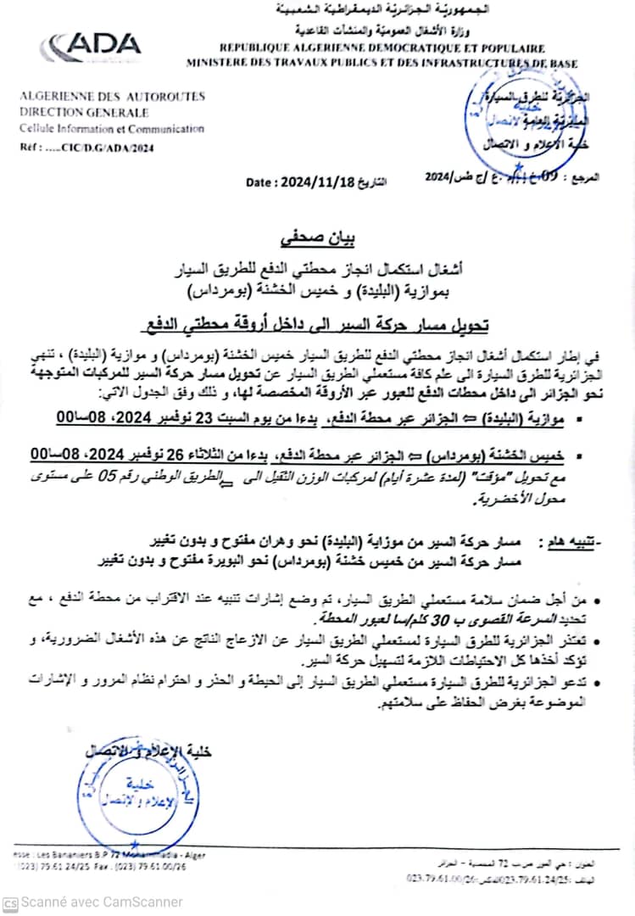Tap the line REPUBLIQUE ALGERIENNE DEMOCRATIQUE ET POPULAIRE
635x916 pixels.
coord(382,49)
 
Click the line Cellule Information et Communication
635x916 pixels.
coord(111,129)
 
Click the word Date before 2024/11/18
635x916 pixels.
coord(259,182)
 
